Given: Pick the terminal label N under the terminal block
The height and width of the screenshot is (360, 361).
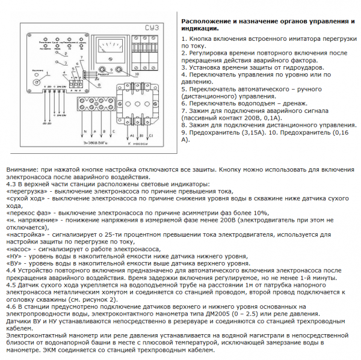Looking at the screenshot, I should pos(84,130).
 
